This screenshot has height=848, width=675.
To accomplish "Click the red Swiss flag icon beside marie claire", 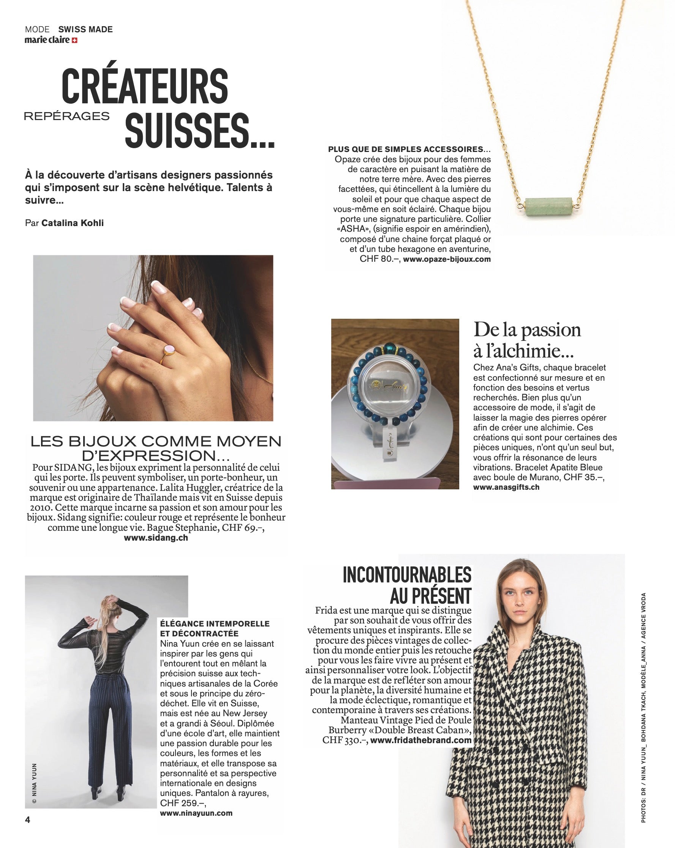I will tap(74, 40).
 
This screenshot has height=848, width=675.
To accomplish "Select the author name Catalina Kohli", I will tap(73, 223).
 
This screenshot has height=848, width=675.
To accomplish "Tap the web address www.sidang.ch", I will tap(156, 538).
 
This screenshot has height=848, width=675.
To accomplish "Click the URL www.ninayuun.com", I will tap(196, 813).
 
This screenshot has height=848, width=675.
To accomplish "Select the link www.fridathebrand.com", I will tap(420, 740).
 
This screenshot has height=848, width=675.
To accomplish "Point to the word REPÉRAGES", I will tap(67, 116).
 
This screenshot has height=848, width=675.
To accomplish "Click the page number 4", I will tap(27, 820).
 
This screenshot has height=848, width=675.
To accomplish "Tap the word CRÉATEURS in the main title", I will tap(145, 87).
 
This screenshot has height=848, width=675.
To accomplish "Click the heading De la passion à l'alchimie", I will tap(527, 340).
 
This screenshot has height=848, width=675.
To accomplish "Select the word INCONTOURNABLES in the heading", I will tap(407, 576).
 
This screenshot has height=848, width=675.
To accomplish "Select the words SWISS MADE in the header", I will tap(85, 30).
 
